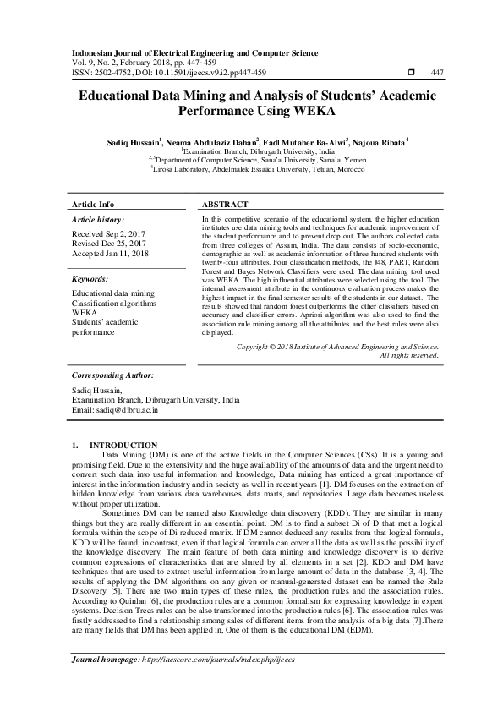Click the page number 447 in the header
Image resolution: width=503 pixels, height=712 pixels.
pyautogui.click(x=437, y=72)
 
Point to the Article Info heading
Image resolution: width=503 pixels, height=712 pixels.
pyautogui.click(x=93, y=205)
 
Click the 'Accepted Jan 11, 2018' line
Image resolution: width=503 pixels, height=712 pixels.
pyautogui.click(x=111, y=254)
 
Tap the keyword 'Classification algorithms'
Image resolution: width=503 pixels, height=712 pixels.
pyautogui.click(x=114, y=303)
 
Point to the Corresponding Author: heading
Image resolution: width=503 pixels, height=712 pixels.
pyautogui.click(x=112, y=375)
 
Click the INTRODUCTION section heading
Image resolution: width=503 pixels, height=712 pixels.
pyautogui.click(x=123, y=445)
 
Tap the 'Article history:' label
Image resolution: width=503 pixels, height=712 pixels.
pyautogui.click(x=101, y=219)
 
